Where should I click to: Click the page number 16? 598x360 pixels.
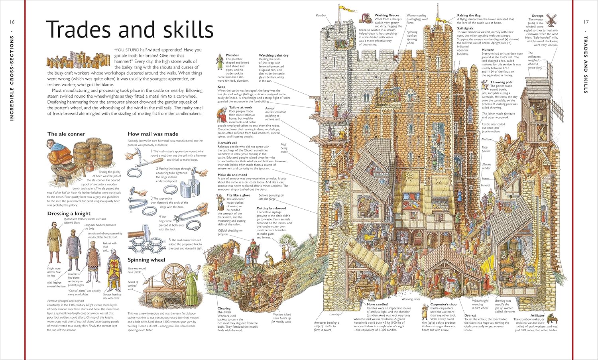click(12, 22)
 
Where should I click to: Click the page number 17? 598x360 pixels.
click(586, 22)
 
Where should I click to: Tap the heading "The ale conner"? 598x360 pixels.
click(66, 134)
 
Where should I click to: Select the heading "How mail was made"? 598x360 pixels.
click(153, 134)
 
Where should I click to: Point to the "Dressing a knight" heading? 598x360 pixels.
click(69, 214)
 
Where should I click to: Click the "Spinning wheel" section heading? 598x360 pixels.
click(146, 260)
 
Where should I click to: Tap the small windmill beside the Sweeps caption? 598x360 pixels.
click(552, 20)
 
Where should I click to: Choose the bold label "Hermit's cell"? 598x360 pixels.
click(227, 143)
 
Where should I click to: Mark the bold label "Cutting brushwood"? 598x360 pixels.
click(271, 208)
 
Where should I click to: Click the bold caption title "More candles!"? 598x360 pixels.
click(377, 304)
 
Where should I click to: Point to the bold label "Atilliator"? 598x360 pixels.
click(537, 315)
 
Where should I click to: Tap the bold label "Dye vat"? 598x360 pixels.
click(470, 315)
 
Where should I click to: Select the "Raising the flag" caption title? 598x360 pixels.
click(468, 16)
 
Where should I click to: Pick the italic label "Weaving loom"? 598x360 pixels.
click(410, 299)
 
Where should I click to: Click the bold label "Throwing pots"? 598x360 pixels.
click(501, 82)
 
